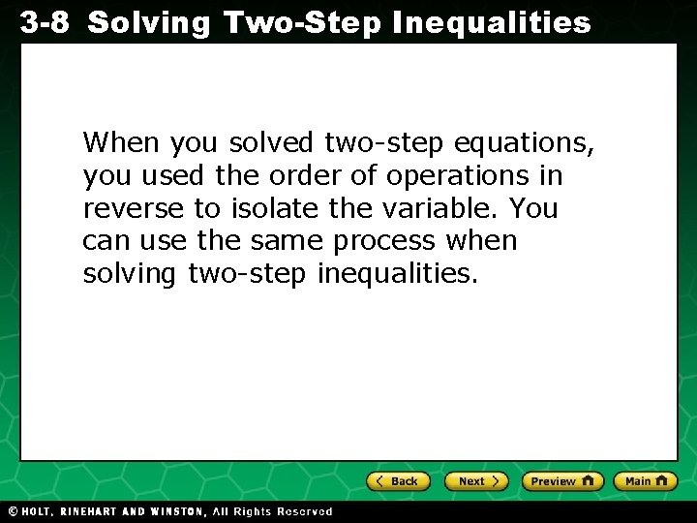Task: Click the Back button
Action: [x=397, y=480]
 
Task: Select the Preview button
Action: [x=561, y=480]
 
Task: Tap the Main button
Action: [x=647, y=480]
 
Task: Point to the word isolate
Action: [x=272, y=208]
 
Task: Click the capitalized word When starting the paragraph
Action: [x=122, y=143]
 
